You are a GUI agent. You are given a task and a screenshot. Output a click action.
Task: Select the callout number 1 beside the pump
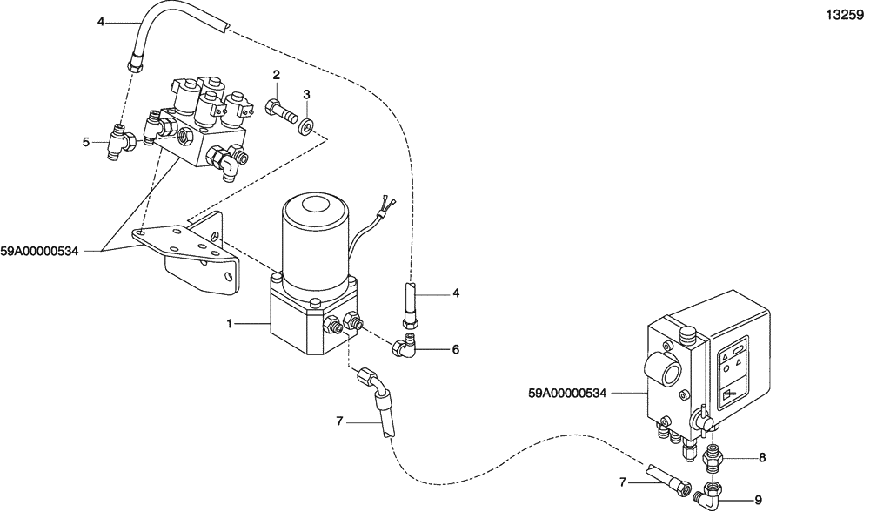(x=231, y=324)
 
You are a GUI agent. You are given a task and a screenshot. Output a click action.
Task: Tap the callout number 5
(x=86, y=142)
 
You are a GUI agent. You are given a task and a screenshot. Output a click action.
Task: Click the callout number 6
(x=455, y=349)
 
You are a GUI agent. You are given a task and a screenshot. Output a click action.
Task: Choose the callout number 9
(x=757, y=500)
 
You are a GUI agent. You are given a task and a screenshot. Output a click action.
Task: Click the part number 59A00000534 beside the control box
(x=566, y=393)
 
